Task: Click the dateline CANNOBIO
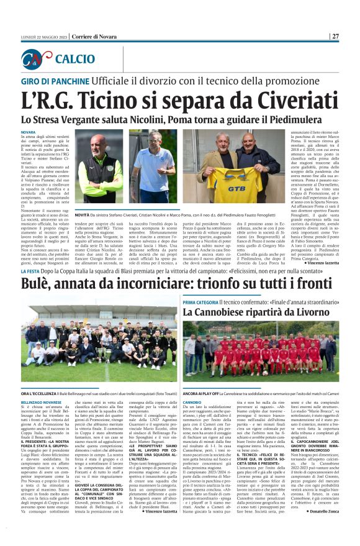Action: [192, 403]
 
